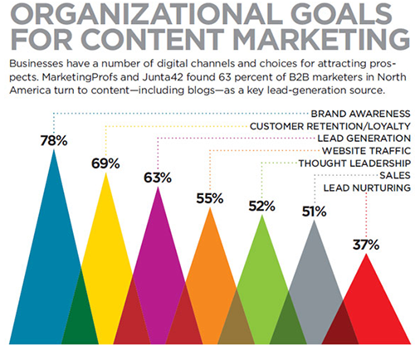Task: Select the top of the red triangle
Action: [366, 254]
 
